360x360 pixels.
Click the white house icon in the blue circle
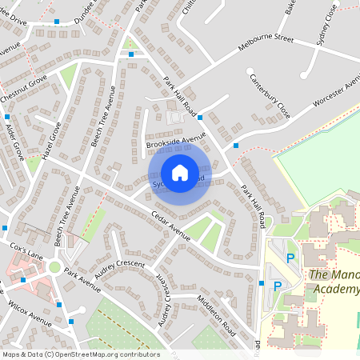(180, 172)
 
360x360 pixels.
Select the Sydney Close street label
(326, 28)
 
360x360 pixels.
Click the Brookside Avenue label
(176, 141)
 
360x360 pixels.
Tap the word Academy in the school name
(336, 289)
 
